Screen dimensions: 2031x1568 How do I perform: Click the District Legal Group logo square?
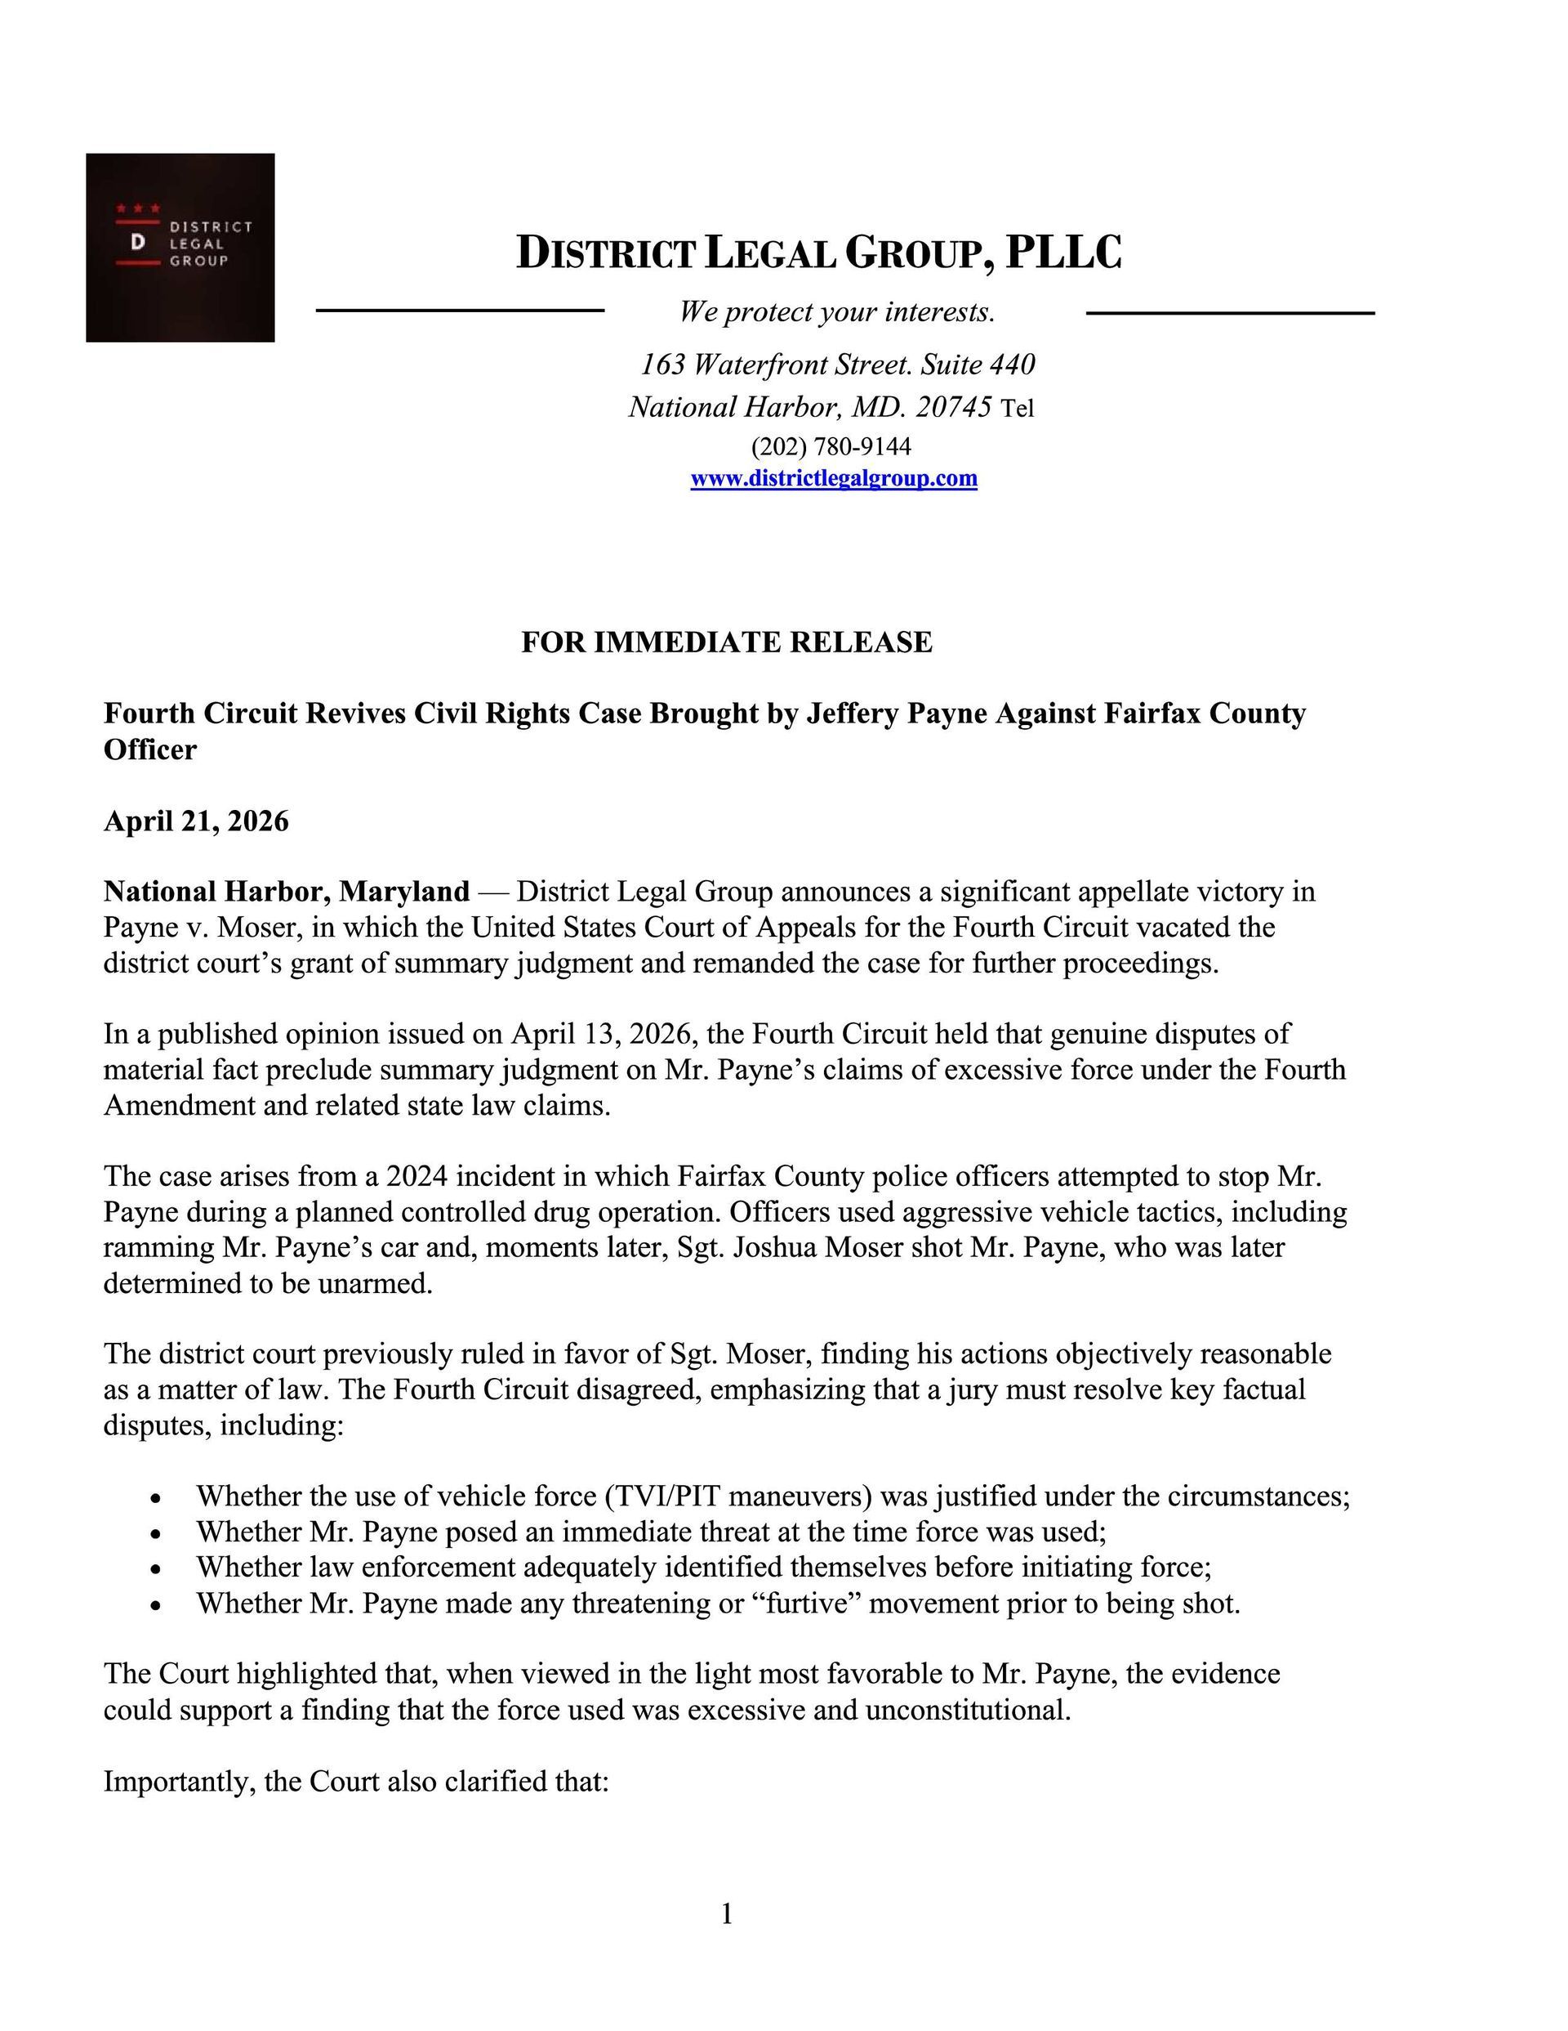point(180,248)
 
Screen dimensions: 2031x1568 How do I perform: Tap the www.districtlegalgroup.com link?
point(833,479)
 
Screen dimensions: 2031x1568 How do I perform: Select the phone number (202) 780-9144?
point(831,447)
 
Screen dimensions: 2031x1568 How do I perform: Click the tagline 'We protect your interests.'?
point(836,311)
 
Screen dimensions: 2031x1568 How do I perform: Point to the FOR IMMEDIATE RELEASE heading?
point(726,642)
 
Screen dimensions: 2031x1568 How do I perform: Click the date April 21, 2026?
point(196,821)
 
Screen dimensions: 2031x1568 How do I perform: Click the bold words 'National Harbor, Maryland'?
point(287,892)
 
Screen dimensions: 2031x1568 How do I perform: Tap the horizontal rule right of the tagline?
point(1230,313)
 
